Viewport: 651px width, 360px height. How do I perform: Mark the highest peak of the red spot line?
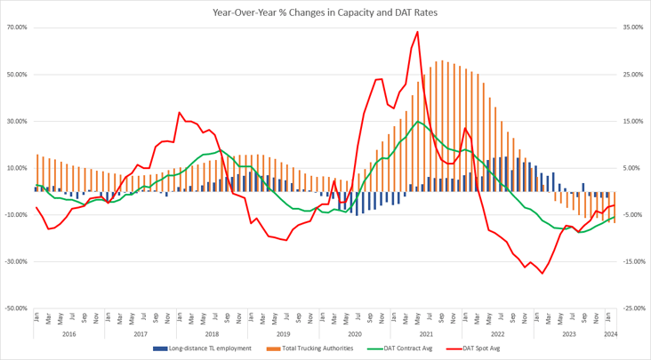pos(417,31)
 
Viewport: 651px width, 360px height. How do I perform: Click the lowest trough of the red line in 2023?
pos(542,274)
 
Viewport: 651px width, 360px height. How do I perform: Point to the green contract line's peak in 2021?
pos(417,121)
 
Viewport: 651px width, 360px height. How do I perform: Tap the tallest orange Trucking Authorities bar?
pos(442,61)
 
